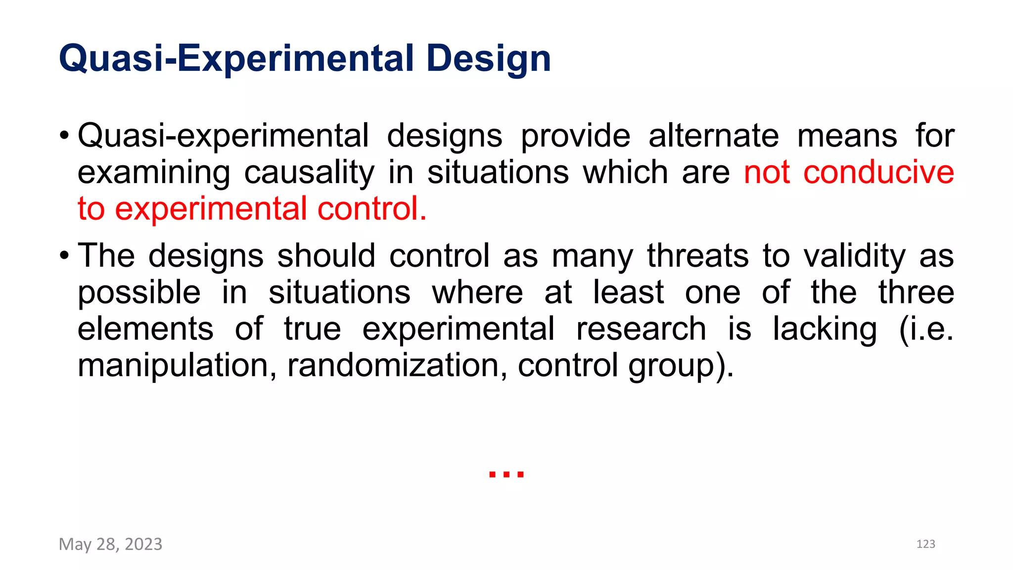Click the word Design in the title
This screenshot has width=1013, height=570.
coord(488,59)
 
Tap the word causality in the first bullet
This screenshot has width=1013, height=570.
coord(309,173)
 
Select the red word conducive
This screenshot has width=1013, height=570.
coord(878,173)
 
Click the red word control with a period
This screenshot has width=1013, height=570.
coord(372,209)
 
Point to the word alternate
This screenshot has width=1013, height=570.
coord(713,136)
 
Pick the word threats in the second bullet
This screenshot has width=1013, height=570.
coord(697,256)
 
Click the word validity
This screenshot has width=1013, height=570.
coord(854,256)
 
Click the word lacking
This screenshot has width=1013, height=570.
coord(825,329)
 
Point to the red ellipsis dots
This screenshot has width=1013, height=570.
coord(506,475)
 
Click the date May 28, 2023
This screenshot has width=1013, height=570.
coord(110,544)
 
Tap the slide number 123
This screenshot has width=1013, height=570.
coord(925,544)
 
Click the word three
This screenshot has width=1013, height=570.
coord(916,292)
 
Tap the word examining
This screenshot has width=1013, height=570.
coord(154,173)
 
